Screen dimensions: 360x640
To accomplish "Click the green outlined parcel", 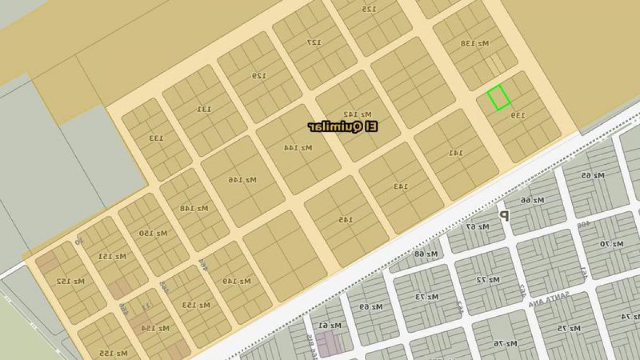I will point(499,98).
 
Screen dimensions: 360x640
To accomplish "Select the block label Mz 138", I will point(475,43).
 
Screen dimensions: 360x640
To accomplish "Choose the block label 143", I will point(401,186).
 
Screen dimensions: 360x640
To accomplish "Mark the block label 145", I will point(346,219).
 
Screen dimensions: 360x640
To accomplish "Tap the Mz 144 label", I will point(298,147).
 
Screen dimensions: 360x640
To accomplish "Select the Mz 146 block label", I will point(243,180).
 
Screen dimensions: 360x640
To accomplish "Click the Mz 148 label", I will point(194,207).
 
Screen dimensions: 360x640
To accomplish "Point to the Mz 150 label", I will point(154,233).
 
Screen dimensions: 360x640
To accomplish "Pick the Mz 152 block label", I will point(71,281).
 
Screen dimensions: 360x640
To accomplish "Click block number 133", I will point(156,138).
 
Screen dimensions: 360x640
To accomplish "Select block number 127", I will point(315,42).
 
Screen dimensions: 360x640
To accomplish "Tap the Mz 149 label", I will point(237,281).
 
